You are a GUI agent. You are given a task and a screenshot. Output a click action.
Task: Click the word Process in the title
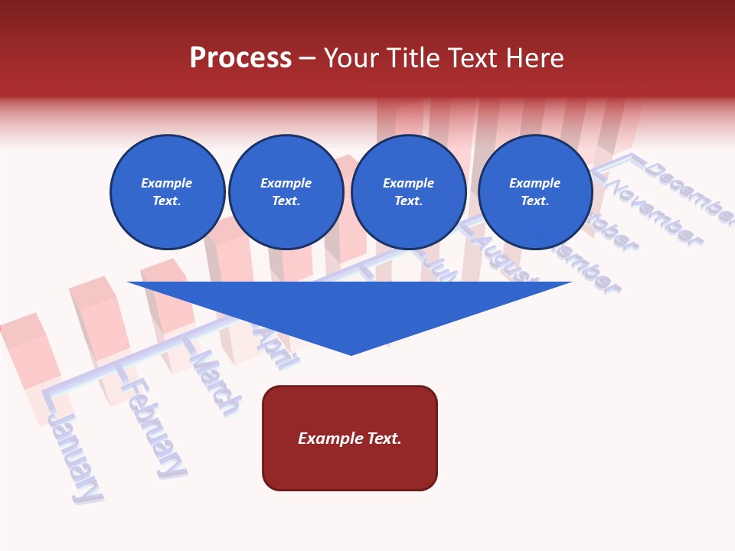[x=240, y=58]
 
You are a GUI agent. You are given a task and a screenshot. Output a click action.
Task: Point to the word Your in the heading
[x=351, y=58]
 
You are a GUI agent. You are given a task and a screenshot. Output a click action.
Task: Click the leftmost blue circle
[x=167, y=192]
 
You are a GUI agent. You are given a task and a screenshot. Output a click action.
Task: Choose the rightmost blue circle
[x=534, y=192]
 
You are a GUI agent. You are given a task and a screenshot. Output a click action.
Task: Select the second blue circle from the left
[x=286, y=192]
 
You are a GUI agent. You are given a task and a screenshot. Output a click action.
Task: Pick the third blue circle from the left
[x=408, y=192]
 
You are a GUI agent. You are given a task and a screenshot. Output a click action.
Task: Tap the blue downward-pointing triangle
[x=350, y=314]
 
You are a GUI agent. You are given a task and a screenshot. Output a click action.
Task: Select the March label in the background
[x=215, y=383]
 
